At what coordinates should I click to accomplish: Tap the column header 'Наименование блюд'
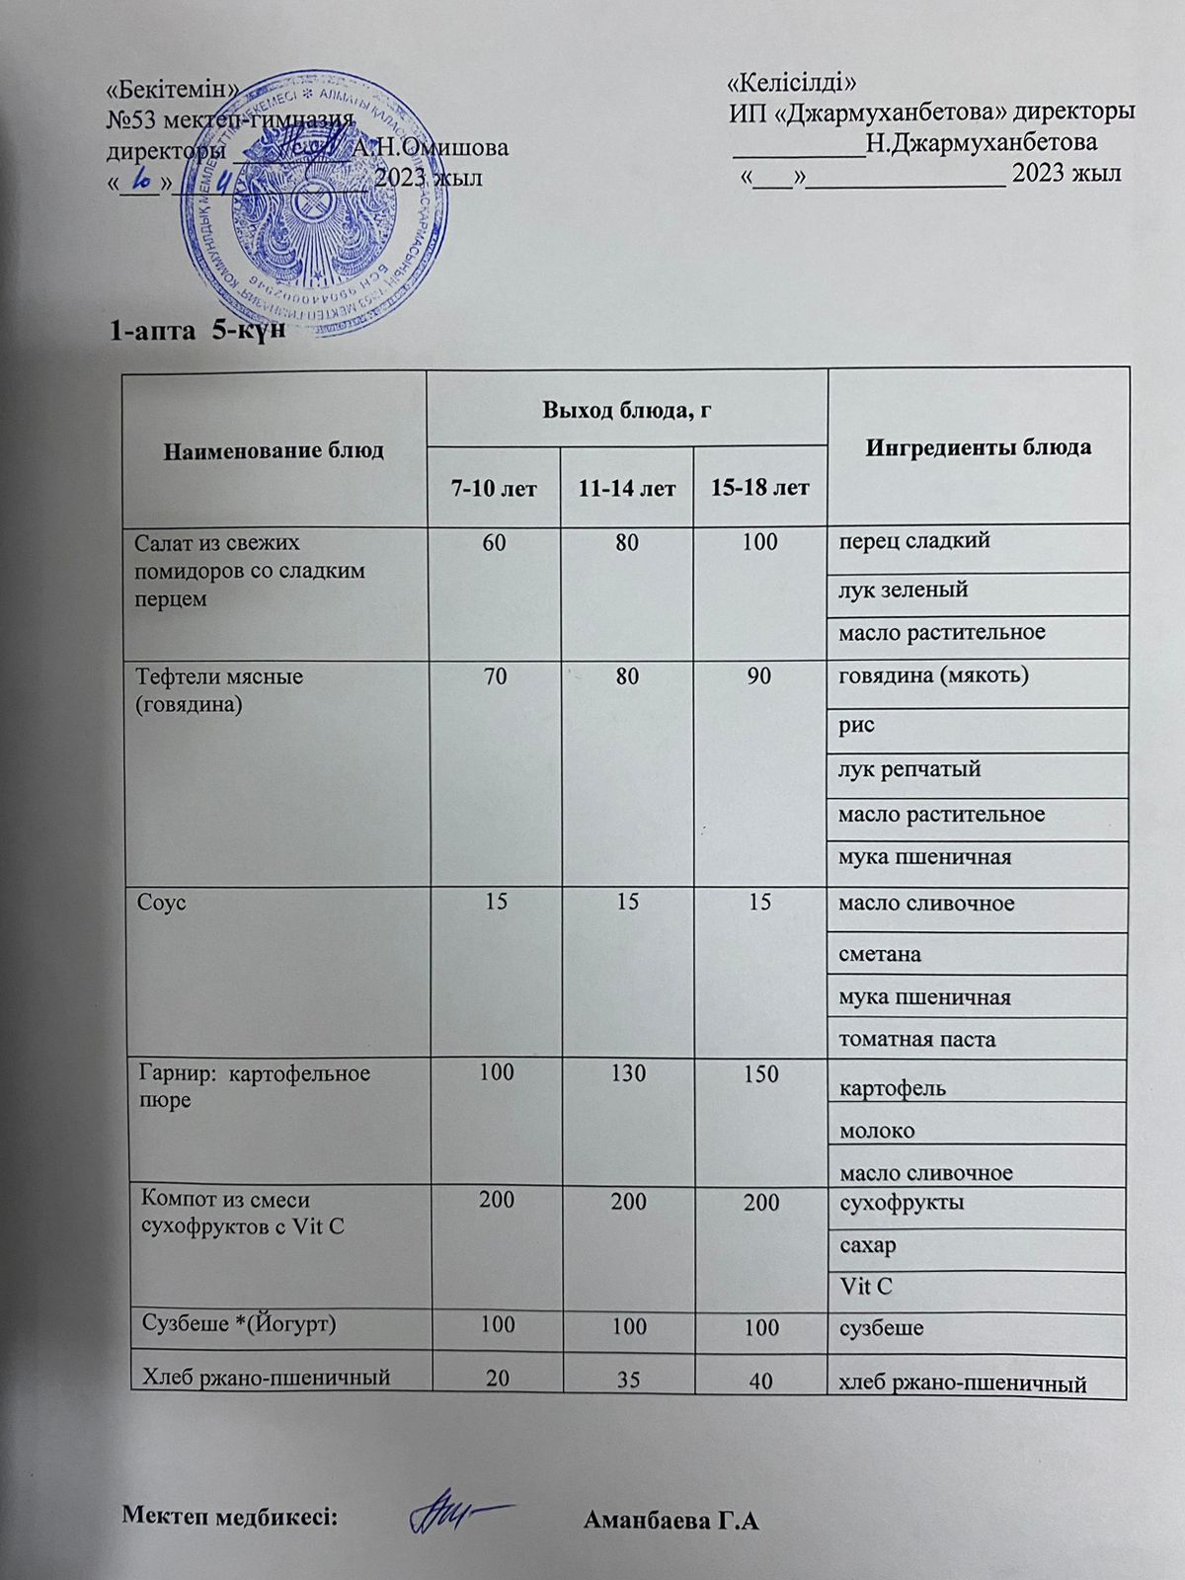(274, 451)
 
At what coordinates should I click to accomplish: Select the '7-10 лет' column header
(495, 488)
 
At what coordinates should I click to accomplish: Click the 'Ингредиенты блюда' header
(978, 447)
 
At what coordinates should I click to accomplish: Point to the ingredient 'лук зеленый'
(903, 590)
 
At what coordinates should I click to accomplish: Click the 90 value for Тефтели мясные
(759, 677)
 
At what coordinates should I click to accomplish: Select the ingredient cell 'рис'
(856, 724)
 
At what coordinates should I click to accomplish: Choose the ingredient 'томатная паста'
(916, 1039)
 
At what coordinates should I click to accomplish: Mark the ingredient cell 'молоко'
(876, 1130)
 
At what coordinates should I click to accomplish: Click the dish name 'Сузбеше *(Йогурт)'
(240, 1322)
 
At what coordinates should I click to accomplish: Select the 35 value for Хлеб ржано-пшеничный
(628, 1378)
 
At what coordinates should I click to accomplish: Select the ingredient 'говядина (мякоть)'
(929, 676)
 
